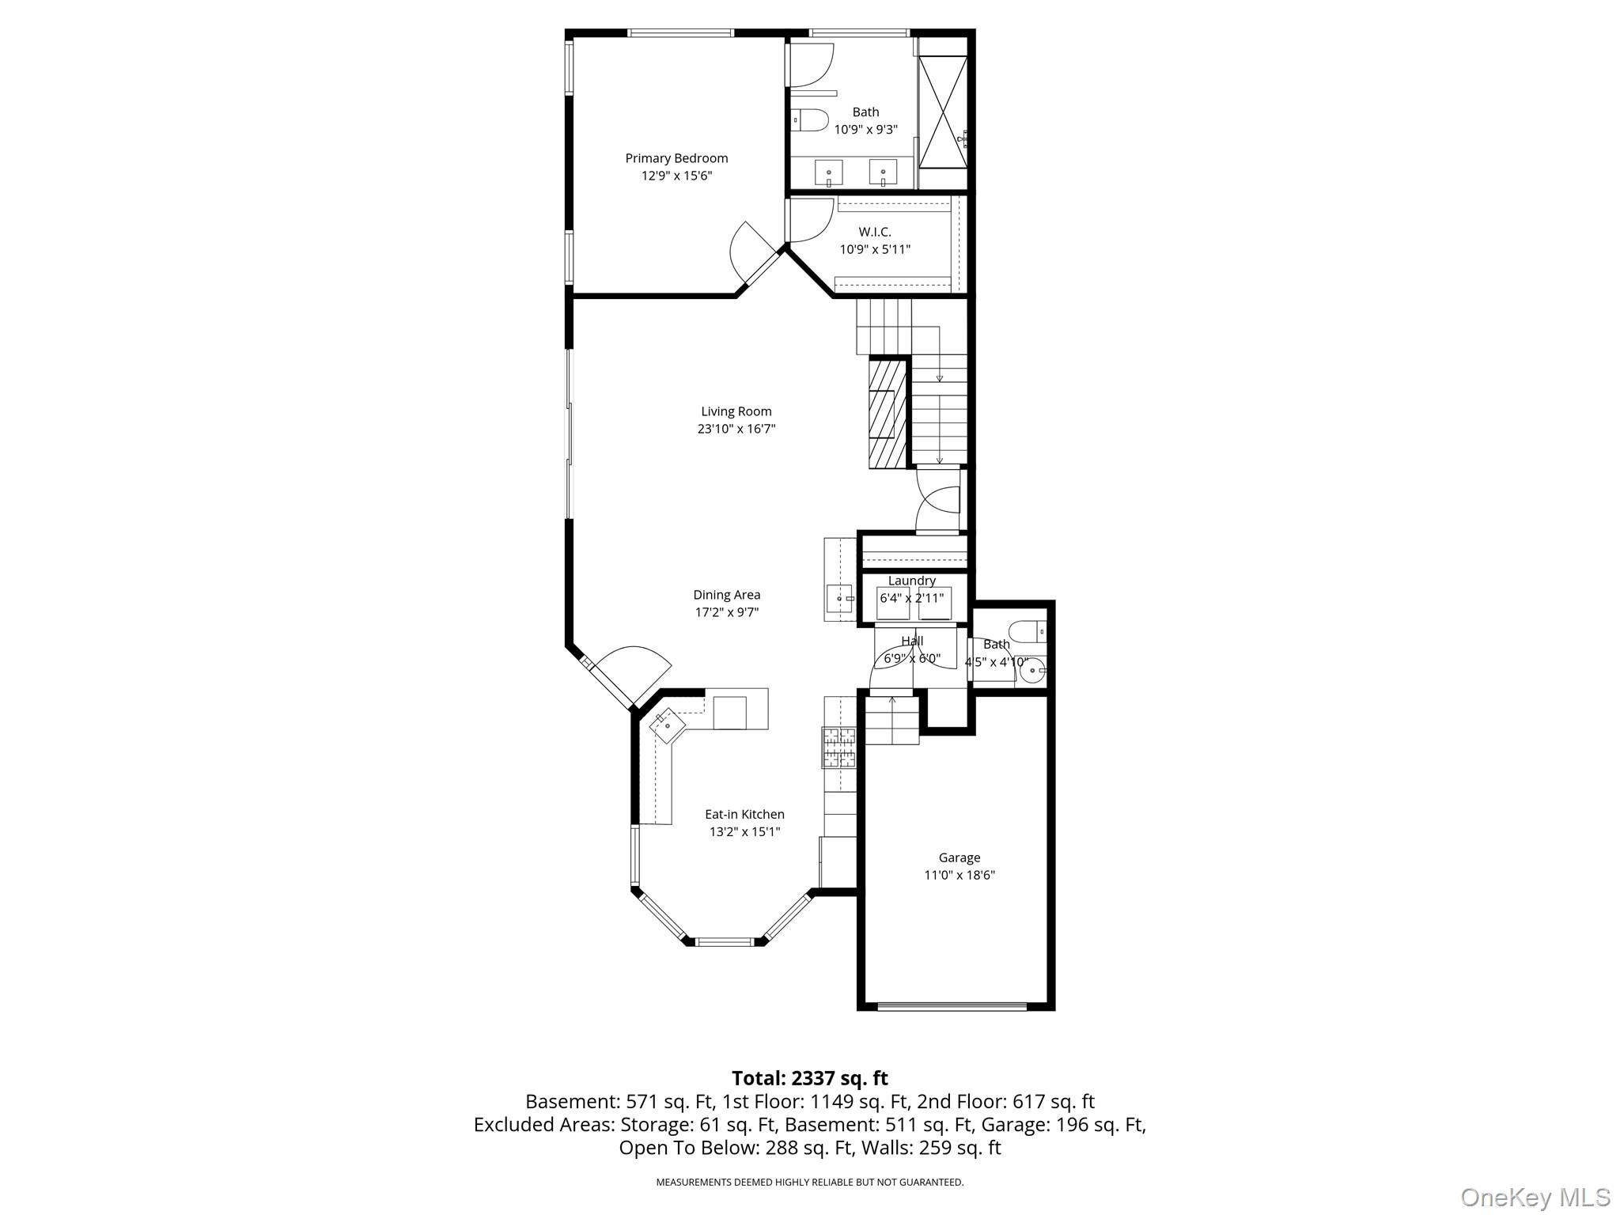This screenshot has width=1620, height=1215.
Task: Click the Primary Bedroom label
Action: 676,158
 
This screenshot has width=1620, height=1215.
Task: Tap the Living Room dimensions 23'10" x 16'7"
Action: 736,429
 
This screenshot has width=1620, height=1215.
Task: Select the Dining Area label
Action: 727,595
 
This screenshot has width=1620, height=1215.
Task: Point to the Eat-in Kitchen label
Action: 744,814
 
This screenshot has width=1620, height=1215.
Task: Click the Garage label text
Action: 960,857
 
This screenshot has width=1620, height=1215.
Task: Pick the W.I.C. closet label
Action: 875,232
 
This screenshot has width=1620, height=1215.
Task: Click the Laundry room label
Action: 912,581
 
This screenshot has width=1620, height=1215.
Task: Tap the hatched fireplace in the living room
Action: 888,413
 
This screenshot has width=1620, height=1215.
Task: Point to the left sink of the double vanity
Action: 828,172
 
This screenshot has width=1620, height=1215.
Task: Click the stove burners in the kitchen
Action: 839,748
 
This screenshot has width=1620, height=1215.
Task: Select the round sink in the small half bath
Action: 1031,672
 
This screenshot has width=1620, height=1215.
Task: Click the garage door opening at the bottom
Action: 952,1007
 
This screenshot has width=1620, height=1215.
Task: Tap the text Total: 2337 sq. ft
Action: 809,1078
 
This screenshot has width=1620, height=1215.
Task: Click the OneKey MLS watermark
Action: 1535,1198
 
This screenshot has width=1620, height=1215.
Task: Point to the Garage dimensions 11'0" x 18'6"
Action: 960,875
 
